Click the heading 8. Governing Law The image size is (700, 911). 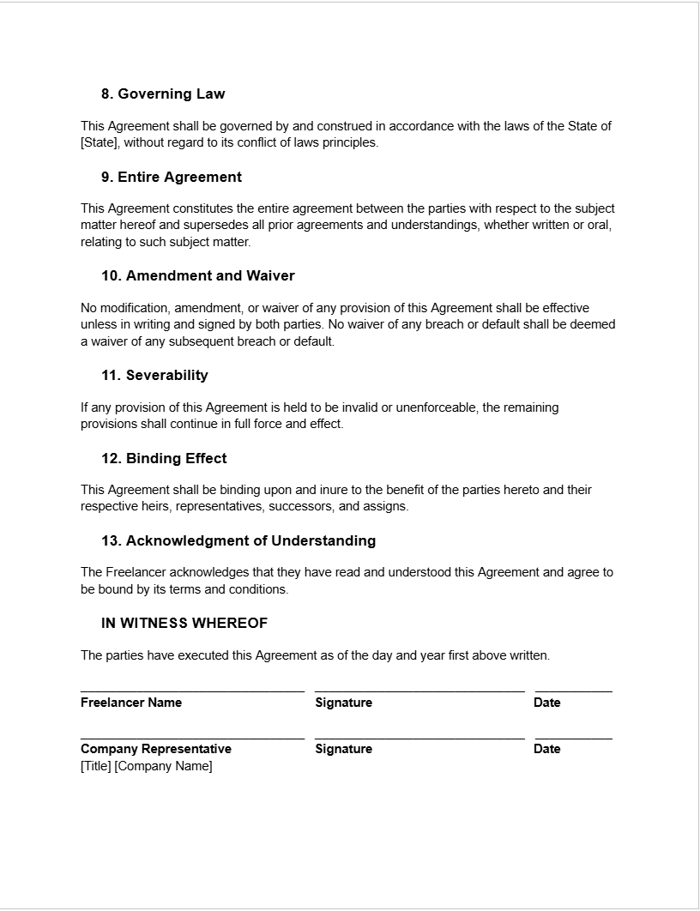pos(163,94)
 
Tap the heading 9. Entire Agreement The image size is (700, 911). pos(172,177)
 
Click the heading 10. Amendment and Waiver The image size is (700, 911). pos(198,275)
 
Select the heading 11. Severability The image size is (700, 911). pos(155,375)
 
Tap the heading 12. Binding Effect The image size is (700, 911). pos(164,458)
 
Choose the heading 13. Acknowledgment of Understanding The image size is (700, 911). pos(238,540)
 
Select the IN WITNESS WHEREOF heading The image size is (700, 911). pos(184,623)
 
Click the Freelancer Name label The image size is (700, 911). pos(131,703)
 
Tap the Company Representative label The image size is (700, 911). pos(156,749)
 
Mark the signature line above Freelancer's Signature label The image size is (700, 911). pos(419,691)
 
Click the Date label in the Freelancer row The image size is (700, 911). pos(546,703)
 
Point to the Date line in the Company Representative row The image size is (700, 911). pos(573,737)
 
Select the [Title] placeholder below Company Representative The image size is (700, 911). pos(95,766)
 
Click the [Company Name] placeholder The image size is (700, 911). pos(163,766)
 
